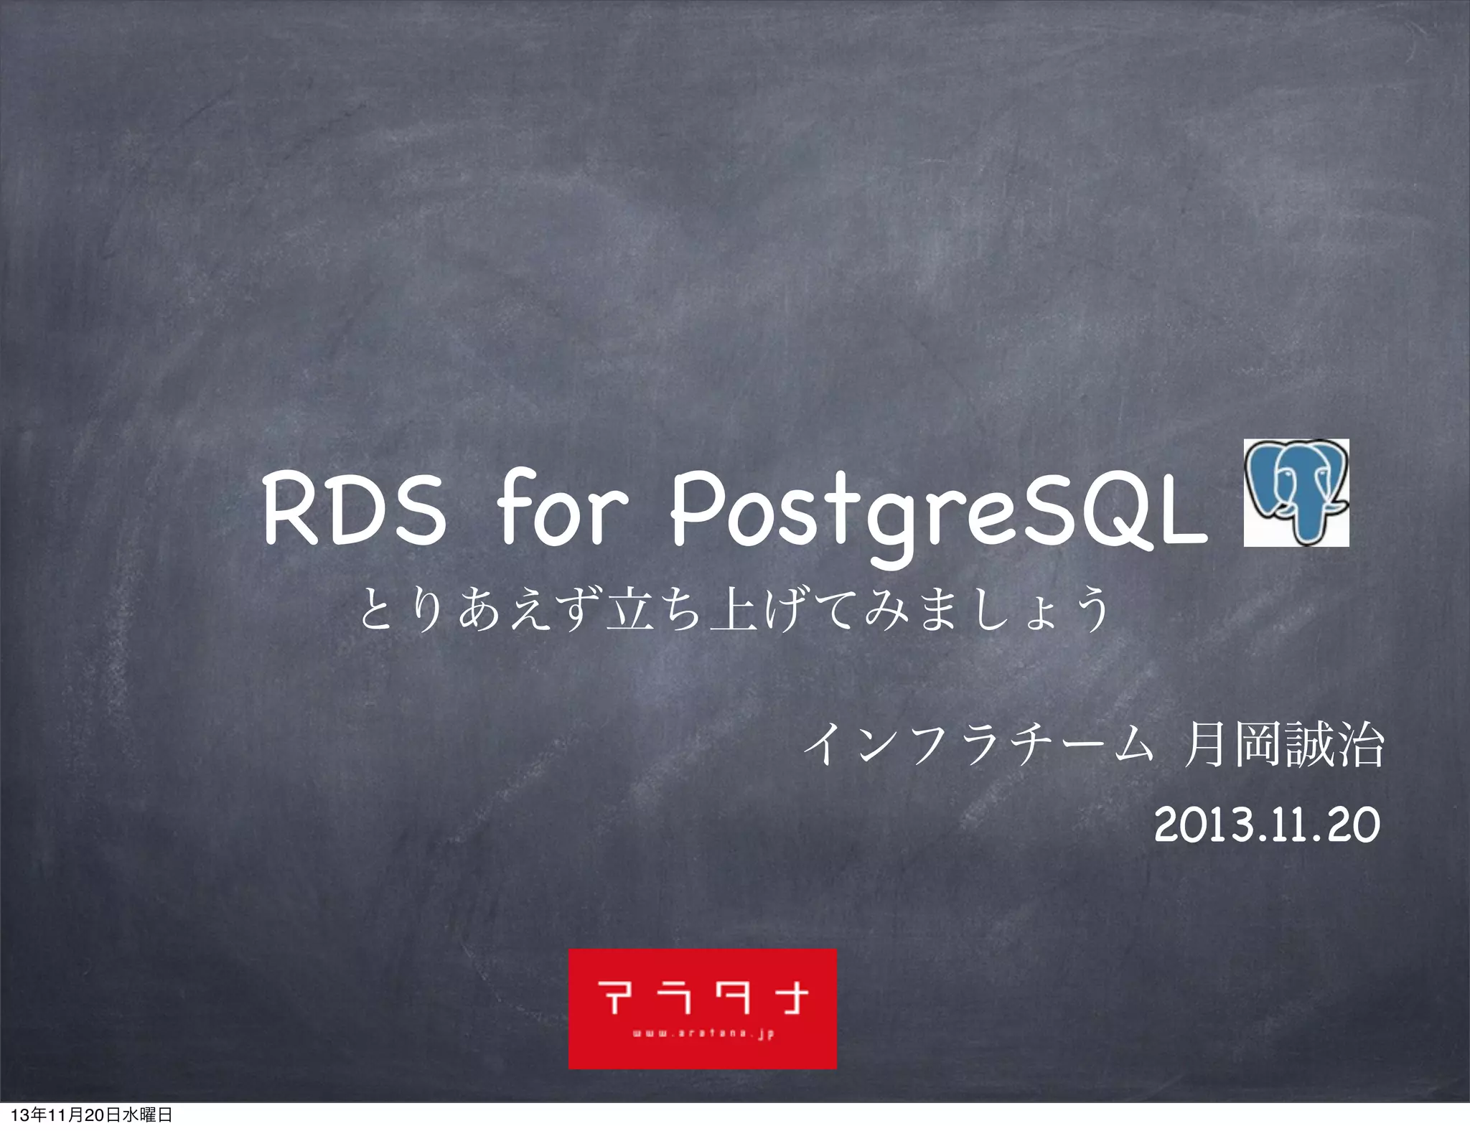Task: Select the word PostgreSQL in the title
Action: (937, 511)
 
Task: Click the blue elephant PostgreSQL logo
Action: (1296, 492)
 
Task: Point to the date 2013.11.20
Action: (1267, 826)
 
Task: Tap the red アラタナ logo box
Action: (702, 1008)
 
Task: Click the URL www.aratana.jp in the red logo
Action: (703, 1035)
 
